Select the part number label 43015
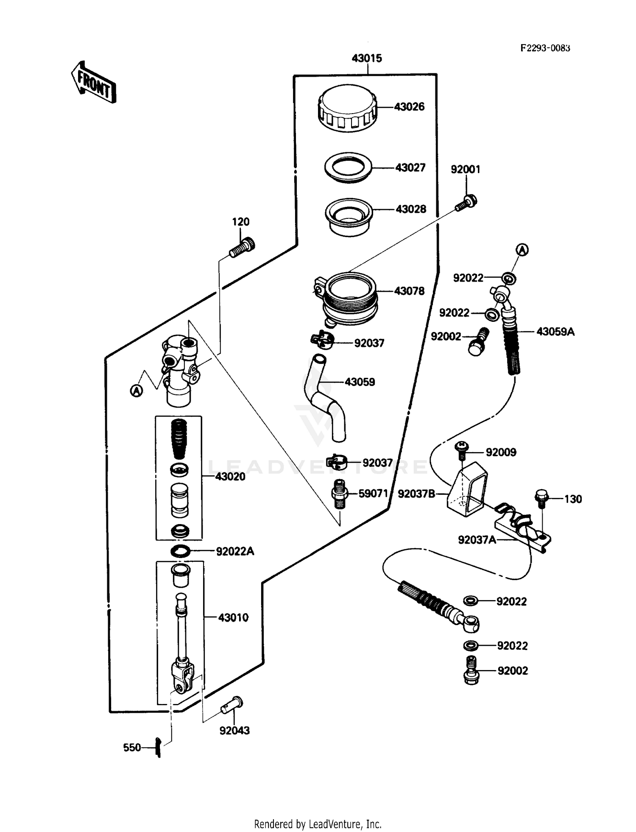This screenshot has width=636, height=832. tap(367, 59)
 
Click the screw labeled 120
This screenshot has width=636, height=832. tap(243, 247)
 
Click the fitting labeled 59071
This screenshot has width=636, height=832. tap(339, 494)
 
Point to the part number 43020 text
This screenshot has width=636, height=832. tap(230, 477)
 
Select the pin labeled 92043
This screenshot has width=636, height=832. tap(232, 706)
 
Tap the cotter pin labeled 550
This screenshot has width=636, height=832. tap(158, 747)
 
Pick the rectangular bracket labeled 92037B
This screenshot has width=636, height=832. tap(466, 489)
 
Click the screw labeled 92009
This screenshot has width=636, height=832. tap(461, 450)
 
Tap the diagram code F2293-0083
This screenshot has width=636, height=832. tap(545, 48)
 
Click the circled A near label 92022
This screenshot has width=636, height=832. tap(522, 250)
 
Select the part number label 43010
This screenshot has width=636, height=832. tap(233, 617)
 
